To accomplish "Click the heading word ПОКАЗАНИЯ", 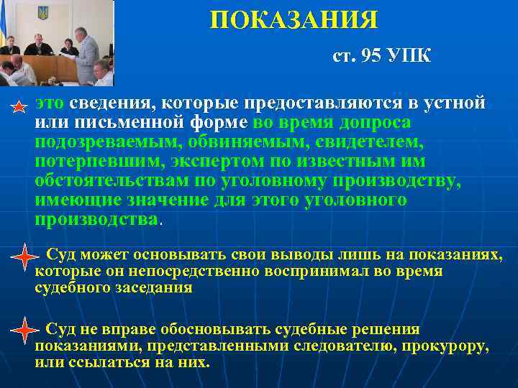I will click(294, 19).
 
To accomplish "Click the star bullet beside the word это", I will click(20, 107).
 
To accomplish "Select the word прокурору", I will click(443, 346).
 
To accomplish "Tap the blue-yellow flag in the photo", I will click(6, 29).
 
